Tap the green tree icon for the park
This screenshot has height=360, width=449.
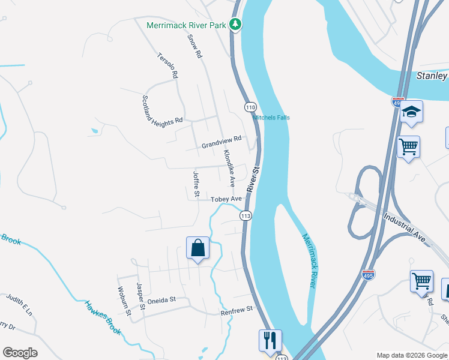tap(237, 25)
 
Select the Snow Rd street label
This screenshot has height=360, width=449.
tap(194, 46)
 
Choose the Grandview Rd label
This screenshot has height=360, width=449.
tap(221, 142)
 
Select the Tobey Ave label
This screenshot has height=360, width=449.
tap(226, 199)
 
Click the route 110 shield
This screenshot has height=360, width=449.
tap(250, 107)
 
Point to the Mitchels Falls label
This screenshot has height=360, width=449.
tap(271, 118)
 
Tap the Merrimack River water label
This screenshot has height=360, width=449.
tap(309, 260)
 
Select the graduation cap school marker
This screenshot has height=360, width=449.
tap(412, 112)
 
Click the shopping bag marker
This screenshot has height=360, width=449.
tap(198, 248)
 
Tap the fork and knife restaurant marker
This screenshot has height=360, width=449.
tap(270, 340)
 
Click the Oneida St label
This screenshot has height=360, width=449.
tap(162, 299)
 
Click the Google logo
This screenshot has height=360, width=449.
tap(20, 353)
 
